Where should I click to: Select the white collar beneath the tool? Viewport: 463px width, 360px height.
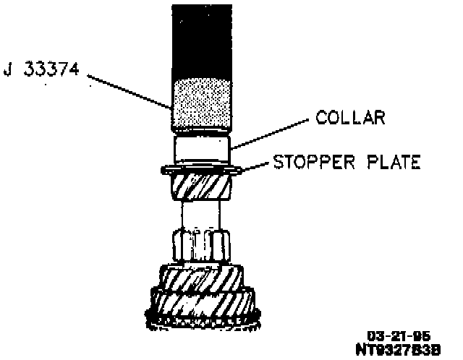[202, 150]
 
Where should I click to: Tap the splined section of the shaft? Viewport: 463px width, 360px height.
[202, 246]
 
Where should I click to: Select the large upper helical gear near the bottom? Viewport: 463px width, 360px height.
[202, 278]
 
